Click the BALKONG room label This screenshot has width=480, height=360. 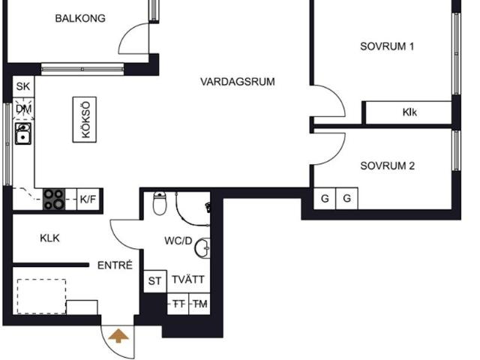click(x=80, y=19)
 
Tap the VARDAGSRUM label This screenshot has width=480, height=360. click(x=238, y=82)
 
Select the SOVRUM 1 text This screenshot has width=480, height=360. click(x=387, y=46)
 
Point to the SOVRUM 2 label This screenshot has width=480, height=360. click(x=387, y=166)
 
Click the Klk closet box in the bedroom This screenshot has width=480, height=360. click(x=409, y=112)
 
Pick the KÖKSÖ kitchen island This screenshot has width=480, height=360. click(x=85, y=120)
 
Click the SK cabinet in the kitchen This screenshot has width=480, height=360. click(x=23, y=87)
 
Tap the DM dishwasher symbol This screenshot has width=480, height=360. click(x=23, y=109)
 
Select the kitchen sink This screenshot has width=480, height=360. click(x=23, y=135)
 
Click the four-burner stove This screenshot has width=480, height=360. click(x=53, y=199)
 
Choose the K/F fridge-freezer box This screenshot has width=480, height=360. click(x=88, y=199)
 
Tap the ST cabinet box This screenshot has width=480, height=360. click(x=154, y=281)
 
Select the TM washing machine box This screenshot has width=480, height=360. click(x=199, y=304)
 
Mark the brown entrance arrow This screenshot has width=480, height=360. click(x=118, y=335)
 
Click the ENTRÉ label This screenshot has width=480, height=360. click(x=115, y=265)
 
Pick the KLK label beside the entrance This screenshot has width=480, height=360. click(x=49, y=238)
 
